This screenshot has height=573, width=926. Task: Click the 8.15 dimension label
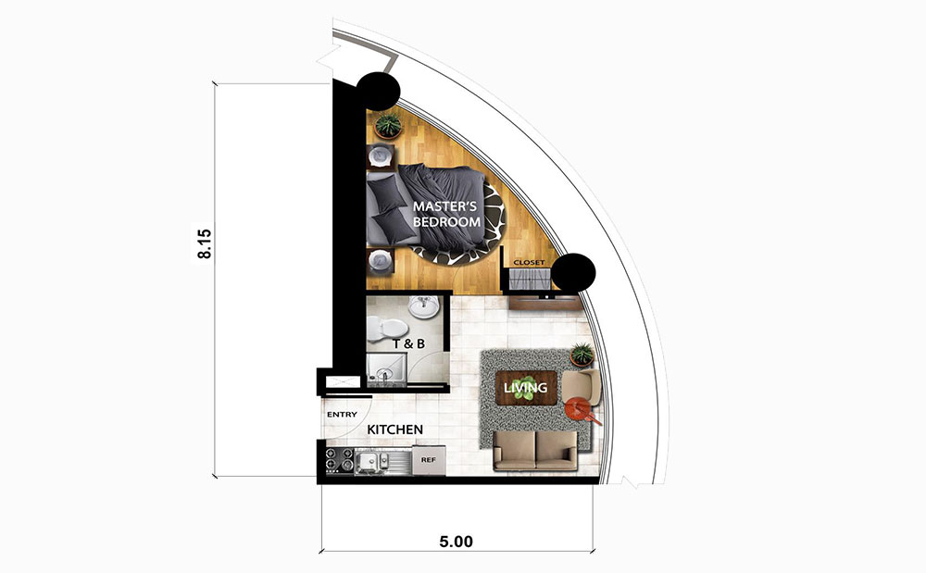[205, 243]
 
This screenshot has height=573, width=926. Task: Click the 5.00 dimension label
[457, 542]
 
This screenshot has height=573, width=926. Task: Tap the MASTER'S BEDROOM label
[446, 214]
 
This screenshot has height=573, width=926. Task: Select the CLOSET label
[529, 262]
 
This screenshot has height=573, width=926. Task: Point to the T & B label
[408, 343]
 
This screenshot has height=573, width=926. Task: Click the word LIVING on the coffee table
[526, 388]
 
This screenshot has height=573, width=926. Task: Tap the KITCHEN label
[395, 430]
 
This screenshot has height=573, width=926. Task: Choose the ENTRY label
[342, 415]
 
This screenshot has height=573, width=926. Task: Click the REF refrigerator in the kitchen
[429, 460]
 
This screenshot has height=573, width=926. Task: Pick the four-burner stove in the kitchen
[340, 461]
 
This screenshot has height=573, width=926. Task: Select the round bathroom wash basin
[423, 306]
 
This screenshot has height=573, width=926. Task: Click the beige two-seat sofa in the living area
[535, 450]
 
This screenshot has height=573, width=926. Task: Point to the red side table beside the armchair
[579, 409]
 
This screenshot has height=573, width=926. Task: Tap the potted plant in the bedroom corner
[388, 125]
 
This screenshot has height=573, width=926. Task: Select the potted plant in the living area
[582, 355]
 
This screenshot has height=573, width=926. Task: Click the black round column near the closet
[572, 272]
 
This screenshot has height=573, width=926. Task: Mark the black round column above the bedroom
[378, 92]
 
